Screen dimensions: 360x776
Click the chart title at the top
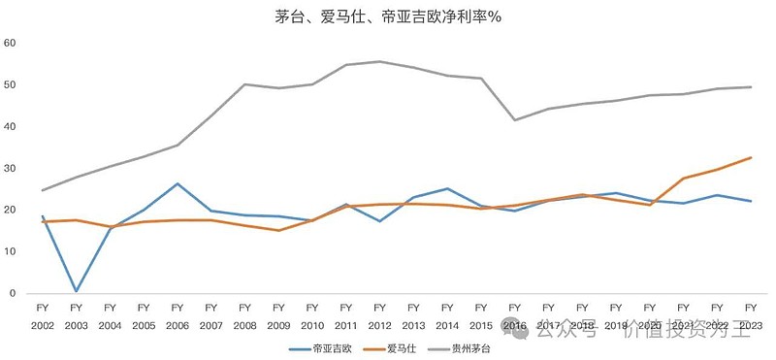coord(388,16)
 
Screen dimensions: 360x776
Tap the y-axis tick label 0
coord(12,293)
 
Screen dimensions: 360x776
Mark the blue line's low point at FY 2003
coord(76,290)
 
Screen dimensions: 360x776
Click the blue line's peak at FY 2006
coord(177,183)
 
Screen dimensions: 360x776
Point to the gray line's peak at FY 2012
coord(379,61)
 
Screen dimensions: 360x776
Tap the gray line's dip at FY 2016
coord(514,120)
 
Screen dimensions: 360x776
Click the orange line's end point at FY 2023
coord(751,157)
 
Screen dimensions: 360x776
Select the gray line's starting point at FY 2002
coord(42,190)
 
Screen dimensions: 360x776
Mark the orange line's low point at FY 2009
coord(278,230)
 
